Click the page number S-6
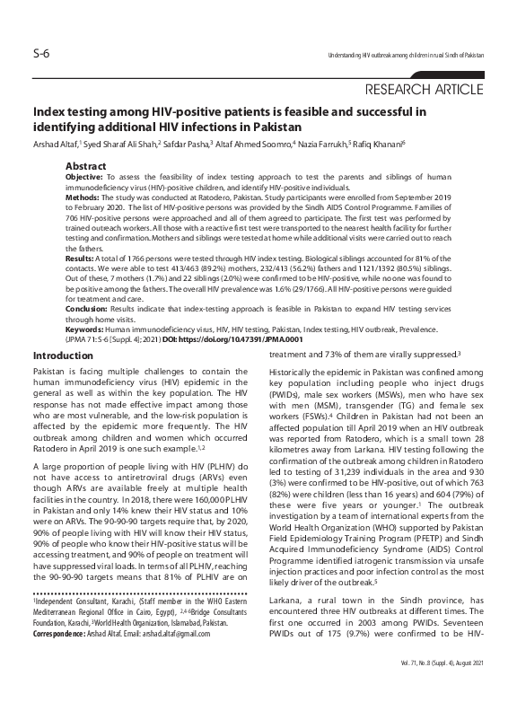point(39,55)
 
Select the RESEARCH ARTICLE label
point(425,90)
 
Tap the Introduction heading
point(66,356)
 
